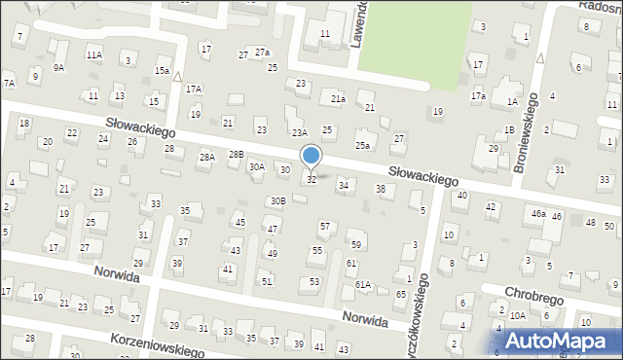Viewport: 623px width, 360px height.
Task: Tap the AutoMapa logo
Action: click(x=559, y=341)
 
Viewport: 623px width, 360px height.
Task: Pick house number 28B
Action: click(x=237, y=155)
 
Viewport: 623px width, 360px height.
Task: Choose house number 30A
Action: click(x=257, y=166)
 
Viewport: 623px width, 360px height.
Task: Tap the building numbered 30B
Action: click(x=278, y=200)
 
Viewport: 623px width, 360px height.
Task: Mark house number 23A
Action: click(x=300, y=132)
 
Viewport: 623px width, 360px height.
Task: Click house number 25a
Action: click(x=362, y=145)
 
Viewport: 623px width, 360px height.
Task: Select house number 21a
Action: click(x=338, y=98)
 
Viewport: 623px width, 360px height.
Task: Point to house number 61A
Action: click(x=363, y=284)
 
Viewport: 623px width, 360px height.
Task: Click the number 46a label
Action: click(x=537, y=213)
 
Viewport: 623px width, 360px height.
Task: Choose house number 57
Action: click(x=325, y=226)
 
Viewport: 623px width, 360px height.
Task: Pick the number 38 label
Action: click(x=381, y=189)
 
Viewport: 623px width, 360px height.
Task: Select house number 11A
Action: click(x=93, y=54)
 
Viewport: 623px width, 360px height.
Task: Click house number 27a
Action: click(x=261, y=52)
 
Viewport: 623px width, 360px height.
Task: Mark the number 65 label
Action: click(x=401, y=294)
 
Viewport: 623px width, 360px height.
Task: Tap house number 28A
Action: click(x=206, y=157)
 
